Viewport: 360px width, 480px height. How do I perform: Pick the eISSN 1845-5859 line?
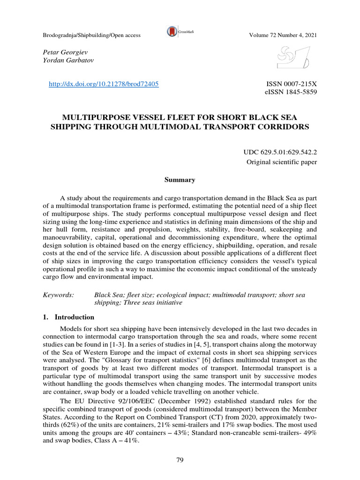tap(291, 92)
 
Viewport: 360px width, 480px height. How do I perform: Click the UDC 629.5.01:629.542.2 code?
tap(280, 153)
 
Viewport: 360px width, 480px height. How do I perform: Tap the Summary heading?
tap(180, 180)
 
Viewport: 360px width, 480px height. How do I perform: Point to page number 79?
tap(180, 460)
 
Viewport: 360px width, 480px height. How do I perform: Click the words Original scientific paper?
tap(282, 162)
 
